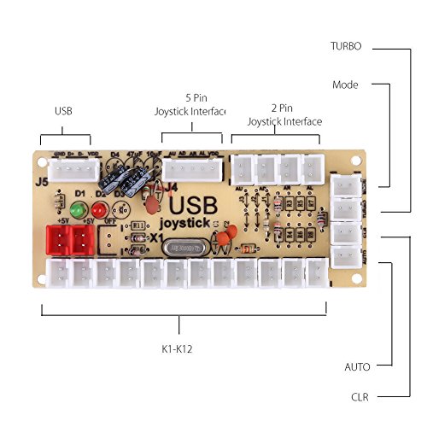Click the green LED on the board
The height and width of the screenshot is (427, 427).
click(78, 209)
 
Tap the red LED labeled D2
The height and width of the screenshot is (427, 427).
click(95, 210)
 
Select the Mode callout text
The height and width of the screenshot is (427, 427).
click(345, 85)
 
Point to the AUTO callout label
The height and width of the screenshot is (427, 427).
click(357, 367)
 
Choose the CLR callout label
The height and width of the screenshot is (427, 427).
click(360, 397)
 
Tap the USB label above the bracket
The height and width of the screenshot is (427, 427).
click(64, 110)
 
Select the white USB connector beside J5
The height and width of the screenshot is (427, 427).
click(67, 171)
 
